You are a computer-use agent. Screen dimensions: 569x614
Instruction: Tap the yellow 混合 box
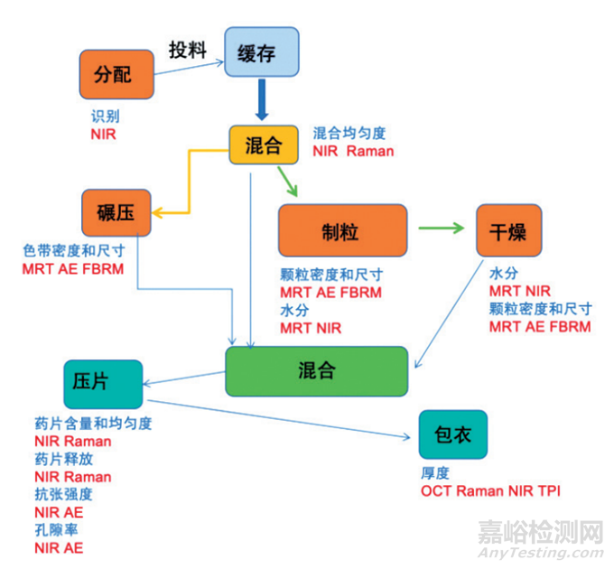(x=263, y=145)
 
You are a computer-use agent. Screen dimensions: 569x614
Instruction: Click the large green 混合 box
(x=316, y=370)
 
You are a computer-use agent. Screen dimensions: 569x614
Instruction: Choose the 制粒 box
(x=341, y=231)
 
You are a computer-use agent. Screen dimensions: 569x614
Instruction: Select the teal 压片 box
(x=103, y=382)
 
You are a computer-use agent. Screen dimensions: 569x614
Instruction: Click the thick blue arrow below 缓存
(x=263, y=100)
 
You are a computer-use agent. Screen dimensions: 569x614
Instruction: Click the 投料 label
(x=188, y=50)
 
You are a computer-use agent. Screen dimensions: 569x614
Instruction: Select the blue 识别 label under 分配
(x=105, y=117)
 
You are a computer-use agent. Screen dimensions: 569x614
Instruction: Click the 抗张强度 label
(x=63, y=494)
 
